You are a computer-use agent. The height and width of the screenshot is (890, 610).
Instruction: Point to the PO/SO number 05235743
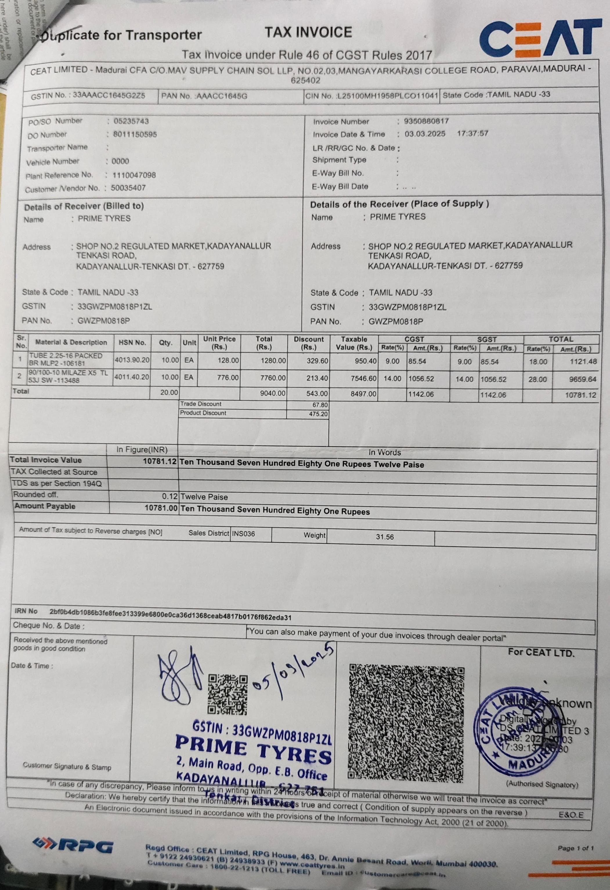click(x=131, y=122)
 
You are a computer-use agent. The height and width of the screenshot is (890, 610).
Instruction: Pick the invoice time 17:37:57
click(x=472, y=134)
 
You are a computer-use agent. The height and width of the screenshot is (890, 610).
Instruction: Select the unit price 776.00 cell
click(x=228, y=378)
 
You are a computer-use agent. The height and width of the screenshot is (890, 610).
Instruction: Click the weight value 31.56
click(x=384, y=537)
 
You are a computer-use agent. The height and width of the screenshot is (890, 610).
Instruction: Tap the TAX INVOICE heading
click(x=308, y=32)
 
